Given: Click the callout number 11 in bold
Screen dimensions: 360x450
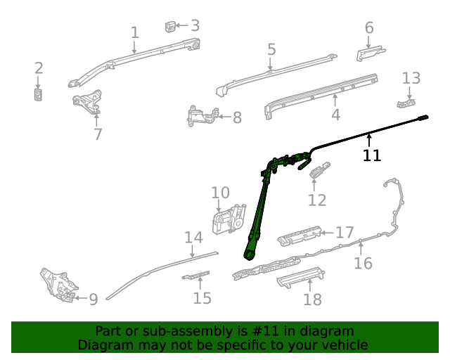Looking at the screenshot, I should (x=372, y=155).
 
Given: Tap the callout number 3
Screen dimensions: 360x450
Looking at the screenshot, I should (x=195, y=25).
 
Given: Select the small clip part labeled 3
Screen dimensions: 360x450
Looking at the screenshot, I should (x=171, y=27).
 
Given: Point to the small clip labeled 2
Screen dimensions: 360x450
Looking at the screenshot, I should (x=39, y=94).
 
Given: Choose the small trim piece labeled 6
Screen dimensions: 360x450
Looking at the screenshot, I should (x=370, y=53).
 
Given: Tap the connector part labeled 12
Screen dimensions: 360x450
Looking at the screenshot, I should (x=320, y=170).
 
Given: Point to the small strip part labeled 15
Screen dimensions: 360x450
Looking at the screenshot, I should (x=196, y=274).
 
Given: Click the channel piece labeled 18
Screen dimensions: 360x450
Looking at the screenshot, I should (x=301, y=278).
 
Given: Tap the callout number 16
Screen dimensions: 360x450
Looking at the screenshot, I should (x=363, y=263).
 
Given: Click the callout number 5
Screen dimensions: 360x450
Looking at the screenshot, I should (x=271, y=49).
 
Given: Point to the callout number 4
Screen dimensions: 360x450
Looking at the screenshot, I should (x=335, y=115).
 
